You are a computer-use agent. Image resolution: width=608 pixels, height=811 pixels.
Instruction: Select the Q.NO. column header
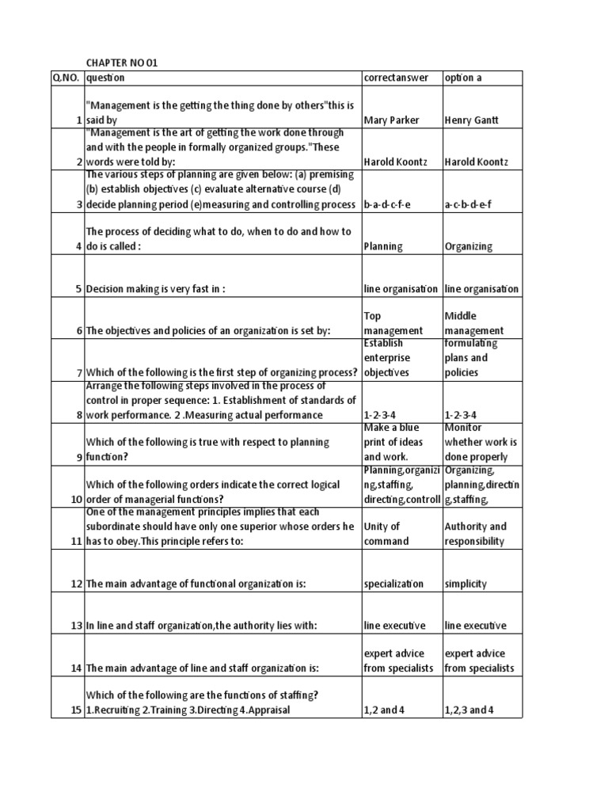[66, 78]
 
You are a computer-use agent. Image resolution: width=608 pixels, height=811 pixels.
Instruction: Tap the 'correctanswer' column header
[396, 78]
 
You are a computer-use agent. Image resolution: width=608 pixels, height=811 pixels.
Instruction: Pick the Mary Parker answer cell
[391, 120]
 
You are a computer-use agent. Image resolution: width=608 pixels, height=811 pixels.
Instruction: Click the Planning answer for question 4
[383, 246]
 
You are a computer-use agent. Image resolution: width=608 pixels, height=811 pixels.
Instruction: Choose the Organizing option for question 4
[469, 246]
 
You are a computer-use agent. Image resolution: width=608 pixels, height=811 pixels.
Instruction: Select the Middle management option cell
[474, 323]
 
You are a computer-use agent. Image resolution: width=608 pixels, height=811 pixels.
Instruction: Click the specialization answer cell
[393, 584]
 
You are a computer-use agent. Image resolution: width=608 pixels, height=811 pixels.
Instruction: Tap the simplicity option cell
[466, 584]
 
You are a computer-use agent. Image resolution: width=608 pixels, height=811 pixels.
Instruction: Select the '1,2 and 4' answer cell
[385, 710]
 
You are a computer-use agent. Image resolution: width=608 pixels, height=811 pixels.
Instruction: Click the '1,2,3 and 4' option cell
[469, 710]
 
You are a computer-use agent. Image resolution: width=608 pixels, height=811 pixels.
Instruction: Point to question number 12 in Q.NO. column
[75, 584]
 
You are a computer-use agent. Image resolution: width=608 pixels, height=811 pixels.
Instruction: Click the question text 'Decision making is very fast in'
[155, 288]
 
